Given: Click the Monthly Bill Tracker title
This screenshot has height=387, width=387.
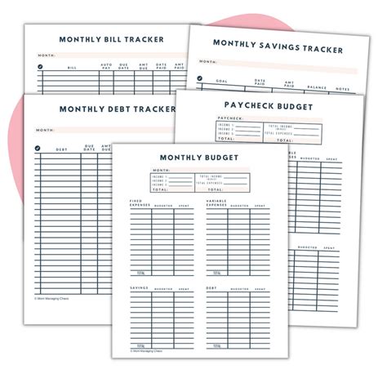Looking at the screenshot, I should [111, 39].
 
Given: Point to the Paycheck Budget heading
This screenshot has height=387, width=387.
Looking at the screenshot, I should [269, 105].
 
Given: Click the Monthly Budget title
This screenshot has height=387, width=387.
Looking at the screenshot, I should [199, 157].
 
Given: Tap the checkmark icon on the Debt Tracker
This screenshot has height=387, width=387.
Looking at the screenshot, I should [37, 149].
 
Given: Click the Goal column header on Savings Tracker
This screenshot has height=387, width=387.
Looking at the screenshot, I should [221, 81].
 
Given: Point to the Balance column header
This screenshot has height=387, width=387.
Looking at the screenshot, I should [317, 86].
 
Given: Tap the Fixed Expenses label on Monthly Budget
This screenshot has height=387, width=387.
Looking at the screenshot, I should [140, 203].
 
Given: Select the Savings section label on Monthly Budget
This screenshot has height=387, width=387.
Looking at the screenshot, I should [138, 288].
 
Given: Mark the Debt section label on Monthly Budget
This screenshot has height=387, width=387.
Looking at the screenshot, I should [212, 288].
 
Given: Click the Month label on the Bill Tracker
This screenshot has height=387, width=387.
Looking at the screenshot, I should [47, 55].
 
